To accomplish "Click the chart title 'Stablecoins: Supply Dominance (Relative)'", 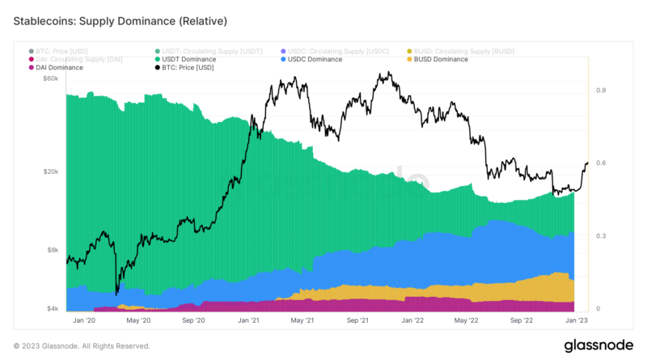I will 121,19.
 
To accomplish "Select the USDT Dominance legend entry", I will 188,59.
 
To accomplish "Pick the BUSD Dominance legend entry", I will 440,59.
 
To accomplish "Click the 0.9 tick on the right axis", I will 601,91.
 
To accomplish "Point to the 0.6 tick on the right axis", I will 601,163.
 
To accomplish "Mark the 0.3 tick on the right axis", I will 601,236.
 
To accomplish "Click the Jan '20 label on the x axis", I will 85,321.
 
